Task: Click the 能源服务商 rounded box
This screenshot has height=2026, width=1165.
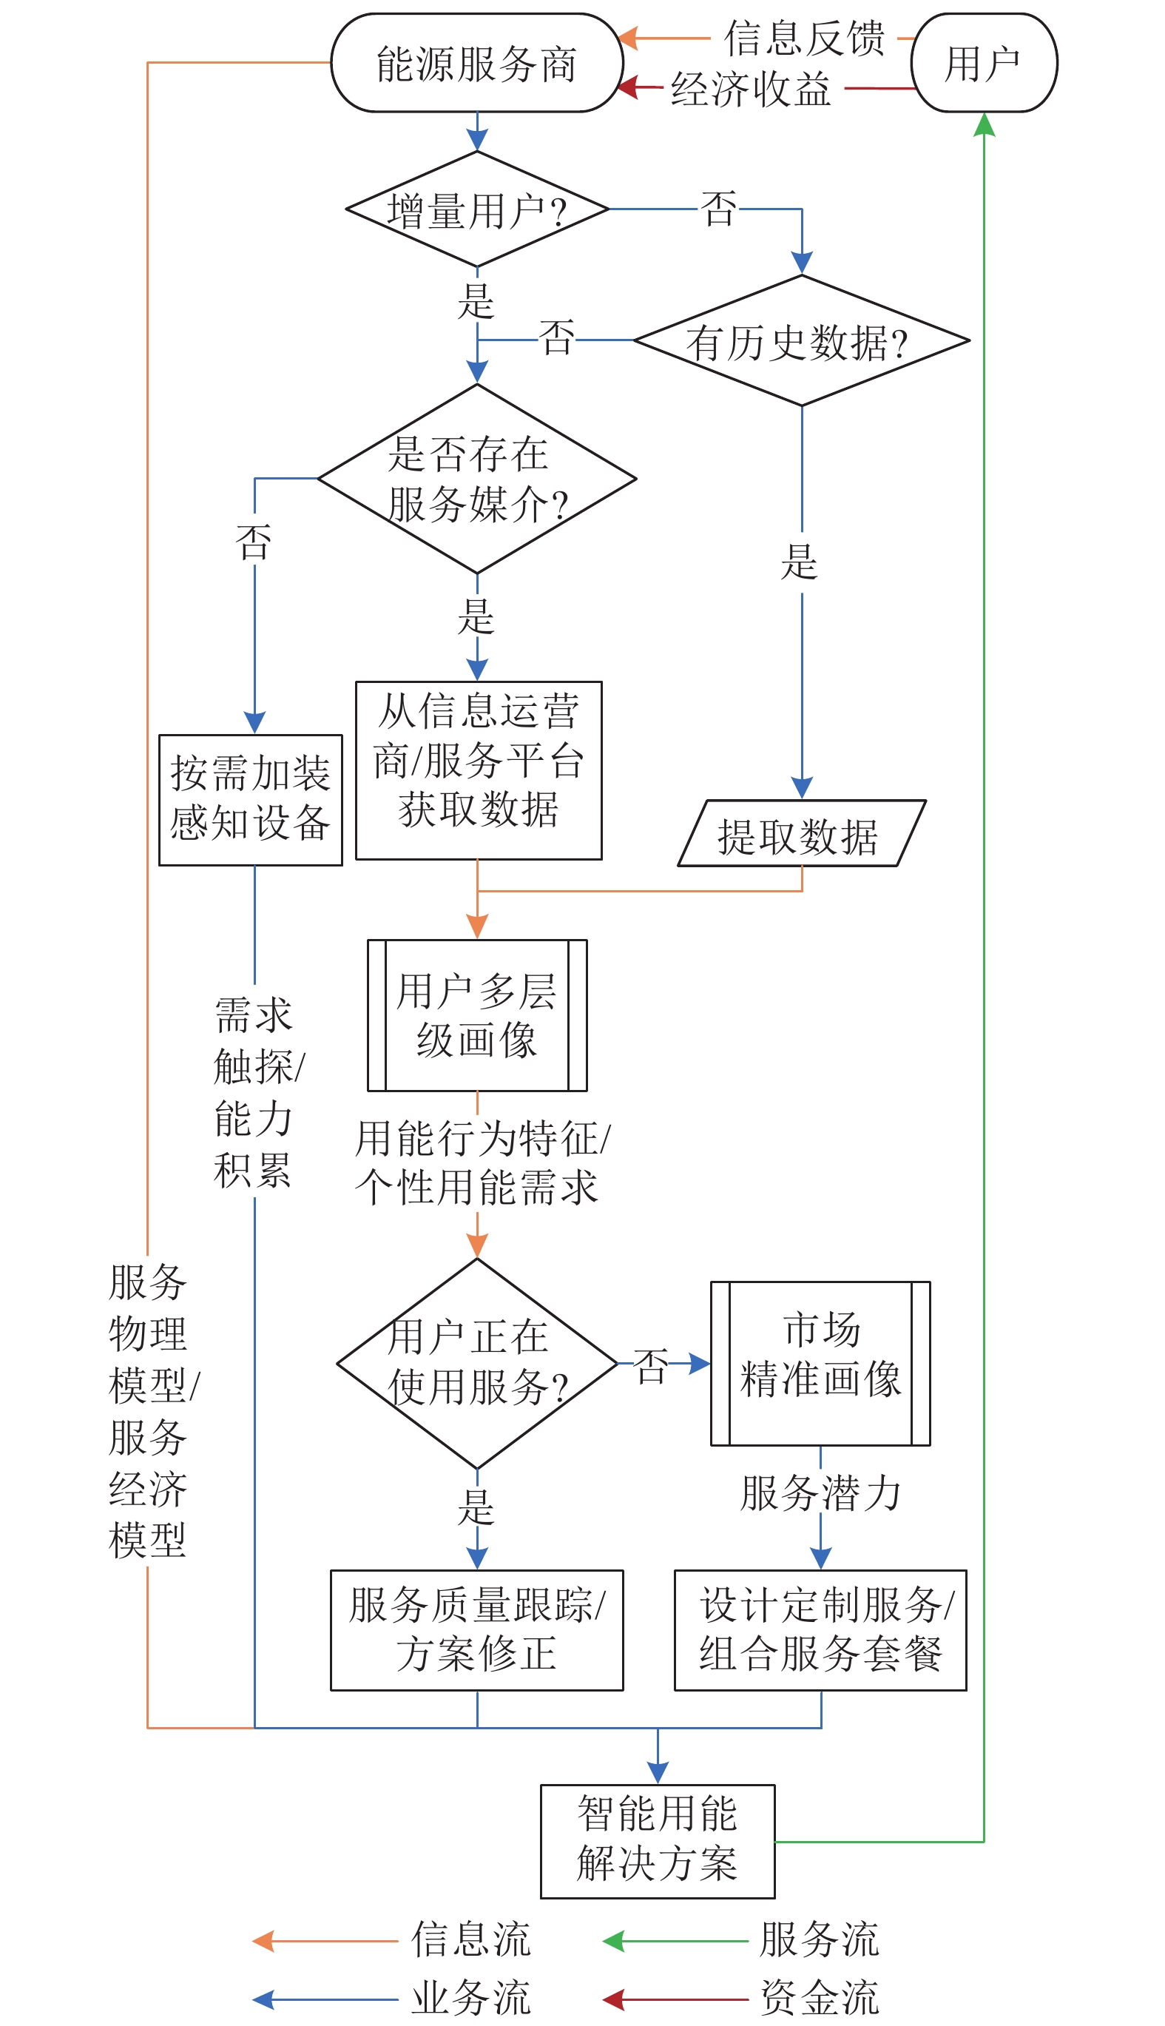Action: (x=477, y=63)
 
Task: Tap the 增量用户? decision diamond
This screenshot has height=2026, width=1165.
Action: (x=477, y=209)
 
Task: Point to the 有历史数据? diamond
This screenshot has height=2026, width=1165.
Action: (x=801, y=341)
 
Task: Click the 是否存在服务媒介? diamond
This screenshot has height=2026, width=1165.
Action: (x=477, y=479)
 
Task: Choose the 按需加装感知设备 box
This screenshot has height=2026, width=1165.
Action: (x=251, y=800)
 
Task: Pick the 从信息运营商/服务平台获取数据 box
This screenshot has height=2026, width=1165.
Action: (x=479, y=770)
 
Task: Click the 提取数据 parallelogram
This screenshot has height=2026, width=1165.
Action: (x=801, y=834)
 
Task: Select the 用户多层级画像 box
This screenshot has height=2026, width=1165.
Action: (x=477, y=1015)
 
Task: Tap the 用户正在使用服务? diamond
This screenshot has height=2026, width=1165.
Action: (x=477, y=1363)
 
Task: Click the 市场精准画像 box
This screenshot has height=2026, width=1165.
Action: (x=820, y=1363)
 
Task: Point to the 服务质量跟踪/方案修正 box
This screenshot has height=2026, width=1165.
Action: (x=477, y=1630)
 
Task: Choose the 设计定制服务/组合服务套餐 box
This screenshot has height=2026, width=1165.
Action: (x=820, y=1630)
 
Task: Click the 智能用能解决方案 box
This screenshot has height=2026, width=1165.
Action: (x=657, y=1841)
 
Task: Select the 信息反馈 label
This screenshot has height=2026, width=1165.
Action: (x=804, y=38)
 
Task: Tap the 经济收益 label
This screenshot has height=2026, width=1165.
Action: (x=751, y=88)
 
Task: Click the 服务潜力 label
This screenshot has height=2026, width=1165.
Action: (x=820, y=1494)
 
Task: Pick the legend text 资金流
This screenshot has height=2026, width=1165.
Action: (x=820, y=1997)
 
